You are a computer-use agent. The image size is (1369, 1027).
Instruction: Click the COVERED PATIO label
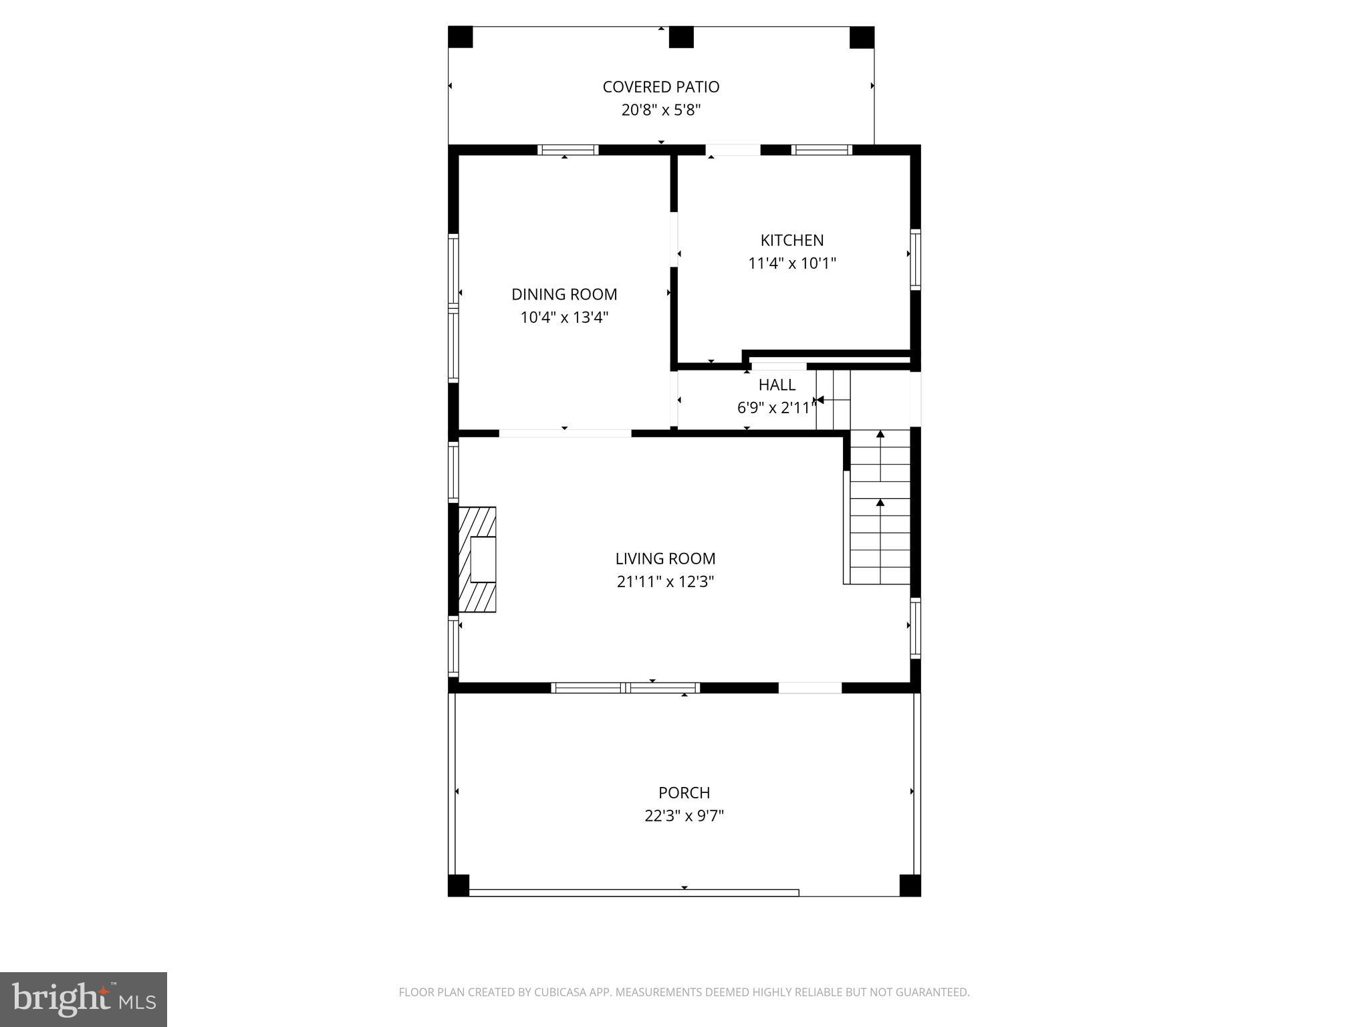[x=660, y=87]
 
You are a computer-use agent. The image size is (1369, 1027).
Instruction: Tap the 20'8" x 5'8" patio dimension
[x=660, y=110]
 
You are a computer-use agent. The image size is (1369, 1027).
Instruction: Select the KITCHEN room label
[x=791, y=240]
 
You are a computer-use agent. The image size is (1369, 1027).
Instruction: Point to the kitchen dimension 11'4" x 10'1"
[x=791, y=263]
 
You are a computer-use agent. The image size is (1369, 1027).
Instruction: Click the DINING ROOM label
[x=564, y=294]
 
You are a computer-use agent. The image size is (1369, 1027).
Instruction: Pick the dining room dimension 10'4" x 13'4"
[x=564, y=318]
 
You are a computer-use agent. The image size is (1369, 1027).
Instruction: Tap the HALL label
[x=777, y=385]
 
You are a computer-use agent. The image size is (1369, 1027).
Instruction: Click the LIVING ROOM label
[x=665, y=558]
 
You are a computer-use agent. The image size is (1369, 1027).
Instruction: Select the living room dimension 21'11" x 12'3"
[x=665, y=582]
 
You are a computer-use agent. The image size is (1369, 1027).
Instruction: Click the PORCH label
[x=684, y=793]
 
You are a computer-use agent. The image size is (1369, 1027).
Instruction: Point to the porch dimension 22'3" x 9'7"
[x=684, y=816]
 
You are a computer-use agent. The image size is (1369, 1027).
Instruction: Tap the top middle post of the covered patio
[x=681, y=37]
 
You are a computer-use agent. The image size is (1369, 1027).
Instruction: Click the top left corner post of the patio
[x=460, y=37]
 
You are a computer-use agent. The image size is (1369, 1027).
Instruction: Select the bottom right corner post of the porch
[x=910, y=885]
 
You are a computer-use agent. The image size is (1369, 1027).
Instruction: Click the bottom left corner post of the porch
[x=459, y=885]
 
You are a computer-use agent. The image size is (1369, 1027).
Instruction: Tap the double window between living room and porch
[x=626, y=687]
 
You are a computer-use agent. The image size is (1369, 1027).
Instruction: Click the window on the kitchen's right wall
[x=916, y=259]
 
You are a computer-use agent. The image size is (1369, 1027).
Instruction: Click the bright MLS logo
[x=84, y=999]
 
